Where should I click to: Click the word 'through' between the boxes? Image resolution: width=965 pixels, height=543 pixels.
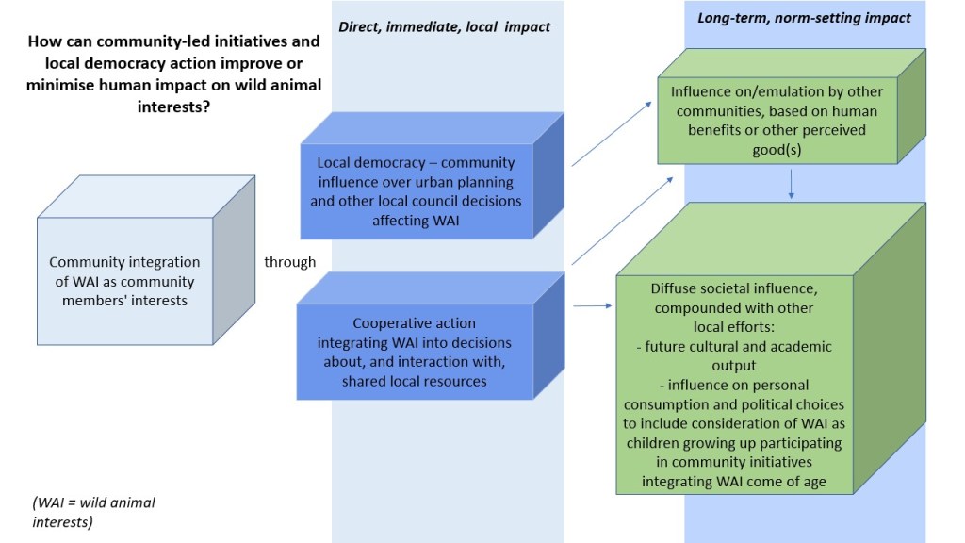point(290,262)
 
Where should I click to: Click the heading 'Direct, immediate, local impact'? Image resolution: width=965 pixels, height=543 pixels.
point(445,27)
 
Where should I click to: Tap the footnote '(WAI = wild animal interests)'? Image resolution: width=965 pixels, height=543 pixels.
point(93,511)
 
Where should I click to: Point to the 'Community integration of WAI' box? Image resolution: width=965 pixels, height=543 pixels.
point(124,281)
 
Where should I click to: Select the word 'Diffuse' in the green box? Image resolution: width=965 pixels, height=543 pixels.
point(675,288)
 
